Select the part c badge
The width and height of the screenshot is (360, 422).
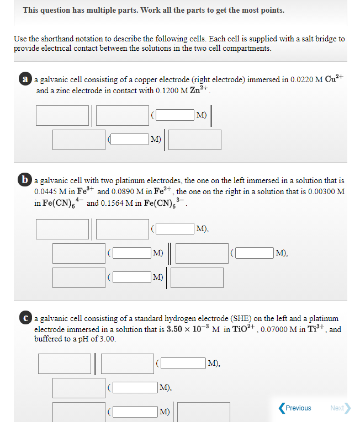point(25,318)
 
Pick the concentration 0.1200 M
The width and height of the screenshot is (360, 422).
point(169,90)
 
